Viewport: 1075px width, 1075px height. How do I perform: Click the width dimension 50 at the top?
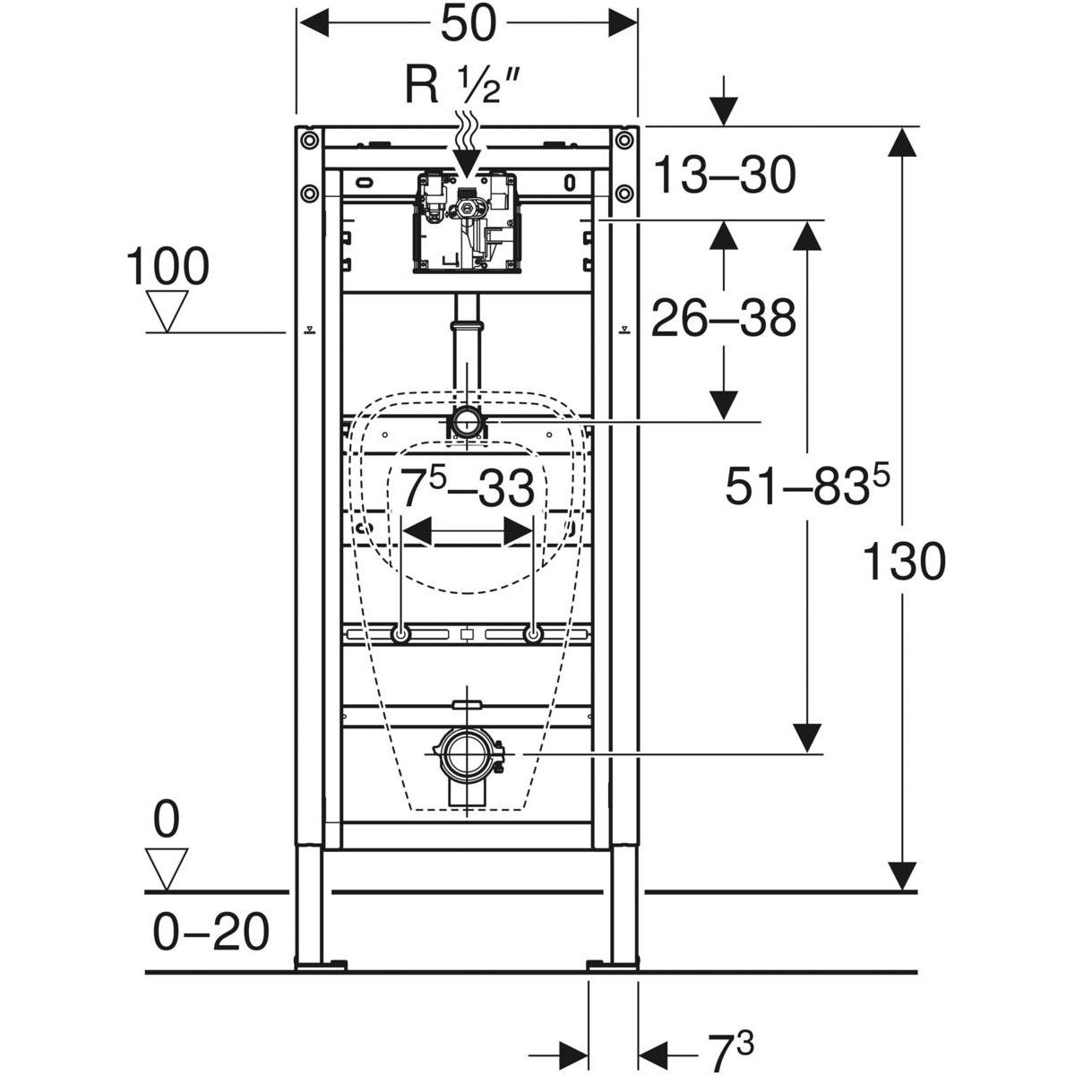pyautogui.click(x=466, y=24)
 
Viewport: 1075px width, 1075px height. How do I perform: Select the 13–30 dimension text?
pyautogui.click(x=723, y=175)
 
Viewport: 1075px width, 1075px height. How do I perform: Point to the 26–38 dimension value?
pyautogui.click(x=723, y=318)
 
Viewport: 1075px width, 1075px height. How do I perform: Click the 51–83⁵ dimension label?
pyautogui.click(x=806, y=488)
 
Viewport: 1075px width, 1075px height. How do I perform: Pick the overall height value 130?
pyautogui.click(x=904, y=563)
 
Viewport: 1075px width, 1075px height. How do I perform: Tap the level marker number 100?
pyautogui.click(x=168, y=267)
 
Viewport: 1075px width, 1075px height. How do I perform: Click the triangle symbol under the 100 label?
pyautogui.click(x=168, y=310)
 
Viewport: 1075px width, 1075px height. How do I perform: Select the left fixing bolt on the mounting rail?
pyautogui.click(x=400, y=634)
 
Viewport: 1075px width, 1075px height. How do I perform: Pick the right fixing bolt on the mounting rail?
pyautogui.click(x=533, y=634)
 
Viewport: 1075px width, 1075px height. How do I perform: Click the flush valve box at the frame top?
pyautogui.click(x=465, y=220)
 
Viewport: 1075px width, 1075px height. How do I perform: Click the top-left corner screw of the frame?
pyautogui.click(x=308, y=140)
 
